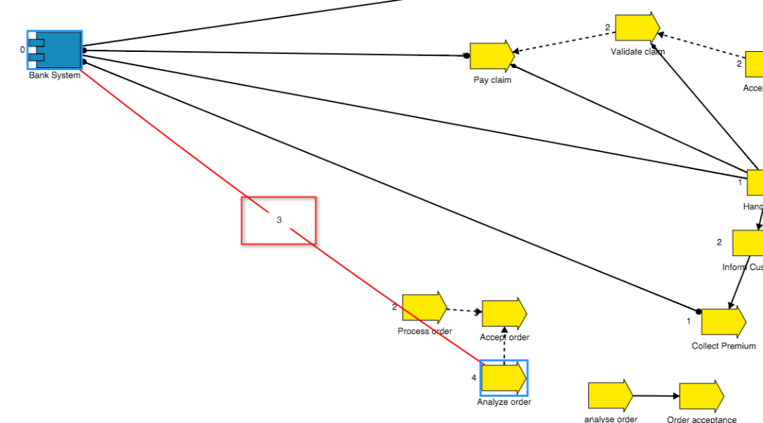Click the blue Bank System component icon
point(55,50)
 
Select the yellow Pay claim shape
point(491,56)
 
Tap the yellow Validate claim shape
point(637,27)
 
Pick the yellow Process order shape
point(424,307)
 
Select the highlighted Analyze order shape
point(504,378)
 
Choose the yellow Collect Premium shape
point(723,322)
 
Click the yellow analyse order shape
point(609,396)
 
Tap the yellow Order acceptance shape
point(701,396)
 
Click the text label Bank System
point(55,76)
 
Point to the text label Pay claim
point(492,80)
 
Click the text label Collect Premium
point(724,346)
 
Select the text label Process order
point(425,331)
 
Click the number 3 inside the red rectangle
point(279,220)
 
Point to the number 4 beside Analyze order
point(474,378)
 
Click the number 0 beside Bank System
point(22,50)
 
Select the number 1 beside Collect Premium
point(689,321)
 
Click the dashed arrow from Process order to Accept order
point(464,311)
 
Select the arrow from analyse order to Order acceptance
point(656,396)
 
